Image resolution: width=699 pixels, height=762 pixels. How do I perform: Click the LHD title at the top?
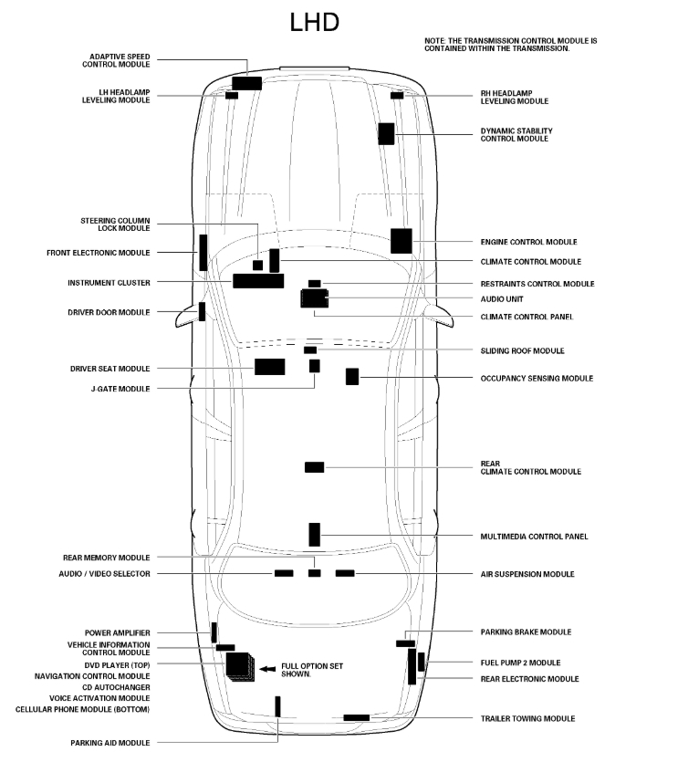(x=315, y=22)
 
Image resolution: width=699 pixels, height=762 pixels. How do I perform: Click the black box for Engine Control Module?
(x=402, y=240)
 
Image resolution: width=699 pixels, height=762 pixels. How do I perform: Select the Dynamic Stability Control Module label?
(x=516, y=135)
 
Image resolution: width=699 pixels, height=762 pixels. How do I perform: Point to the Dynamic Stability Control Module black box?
(x=386, y=132)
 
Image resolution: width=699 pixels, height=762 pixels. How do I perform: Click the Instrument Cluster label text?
(x=109, y=283)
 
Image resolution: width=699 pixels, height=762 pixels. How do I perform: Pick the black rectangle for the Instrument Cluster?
(x=258, y=280)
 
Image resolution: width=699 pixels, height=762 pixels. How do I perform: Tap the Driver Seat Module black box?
(x=269, y=367)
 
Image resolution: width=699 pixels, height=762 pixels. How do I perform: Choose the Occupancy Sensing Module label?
(x=537, y=378)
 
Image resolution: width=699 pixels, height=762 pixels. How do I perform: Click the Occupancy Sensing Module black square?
(x=352, y=376)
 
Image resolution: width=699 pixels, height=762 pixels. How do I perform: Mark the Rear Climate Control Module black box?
(x=314, y=467)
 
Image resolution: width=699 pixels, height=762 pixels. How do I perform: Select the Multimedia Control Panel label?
(x=534, y=537)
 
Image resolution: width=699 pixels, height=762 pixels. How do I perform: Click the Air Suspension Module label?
(x=527, y=574)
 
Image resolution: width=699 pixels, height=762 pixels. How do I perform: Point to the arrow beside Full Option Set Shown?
(x=267, y=670)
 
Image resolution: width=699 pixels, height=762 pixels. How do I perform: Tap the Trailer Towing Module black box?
(x=356, y=718)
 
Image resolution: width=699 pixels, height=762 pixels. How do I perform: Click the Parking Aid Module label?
(x=110, y=743)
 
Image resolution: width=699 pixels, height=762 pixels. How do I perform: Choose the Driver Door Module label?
(x=109, y=312)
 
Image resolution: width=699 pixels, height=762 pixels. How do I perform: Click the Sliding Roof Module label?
(x=522, y=350)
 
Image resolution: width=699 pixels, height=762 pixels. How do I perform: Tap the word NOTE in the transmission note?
(x=434, y=41)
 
